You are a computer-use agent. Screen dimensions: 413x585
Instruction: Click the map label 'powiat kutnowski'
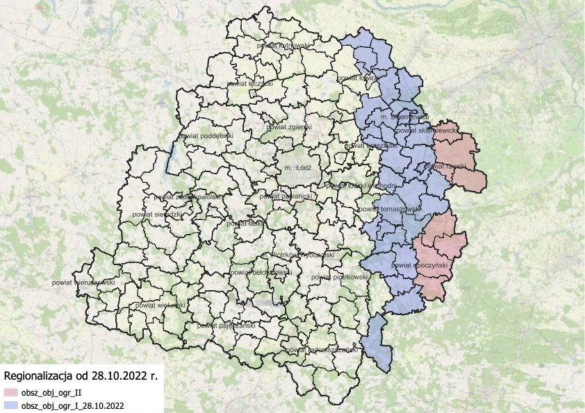(283, 45)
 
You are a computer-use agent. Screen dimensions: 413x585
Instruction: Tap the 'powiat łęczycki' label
(249, 82)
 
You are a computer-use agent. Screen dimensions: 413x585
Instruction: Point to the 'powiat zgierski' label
(290, 127)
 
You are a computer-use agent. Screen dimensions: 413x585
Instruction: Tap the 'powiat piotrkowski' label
(340, 277)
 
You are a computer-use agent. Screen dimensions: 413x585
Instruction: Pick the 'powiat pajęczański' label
(224, 325)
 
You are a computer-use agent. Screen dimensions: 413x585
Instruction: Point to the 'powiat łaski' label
(245, 224)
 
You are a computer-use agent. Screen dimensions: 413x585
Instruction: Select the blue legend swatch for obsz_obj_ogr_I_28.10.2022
(10, 404)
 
